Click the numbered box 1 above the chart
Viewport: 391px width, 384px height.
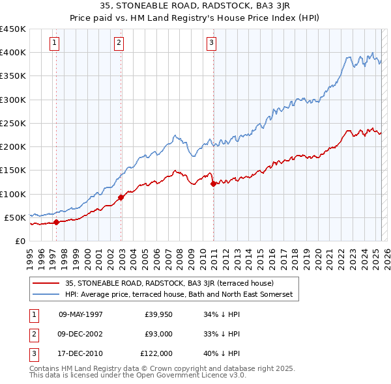(x=54, y=44)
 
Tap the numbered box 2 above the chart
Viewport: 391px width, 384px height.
(x=119, y=44)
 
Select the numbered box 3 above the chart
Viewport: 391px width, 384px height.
(x=212, y=44)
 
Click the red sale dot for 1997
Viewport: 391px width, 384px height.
(x=56, y=222)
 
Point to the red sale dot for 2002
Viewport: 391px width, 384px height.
(x=121, y=197)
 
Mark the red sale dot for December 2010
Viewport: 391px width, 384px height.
(x=213, y=184)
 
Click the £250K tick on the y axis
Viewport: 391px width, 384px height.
(x=13, y=123)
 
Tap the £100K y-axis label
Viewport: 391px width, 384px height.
(x=13, y=194)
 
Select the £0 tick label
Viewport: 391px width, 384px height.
(x=20, y=241)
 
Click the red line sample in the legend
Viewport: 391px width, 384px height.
(x=46, y=283)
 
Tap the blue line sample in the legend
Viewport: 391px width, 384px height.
(x=46, y=294)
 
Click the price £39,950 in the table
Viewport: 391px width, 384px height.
(x=158, y=314)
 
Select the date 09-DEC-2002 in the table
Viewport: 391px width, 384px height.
(x=81, y=334)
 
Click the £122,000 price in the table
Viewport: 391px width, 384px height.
(x=157, y=353)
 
